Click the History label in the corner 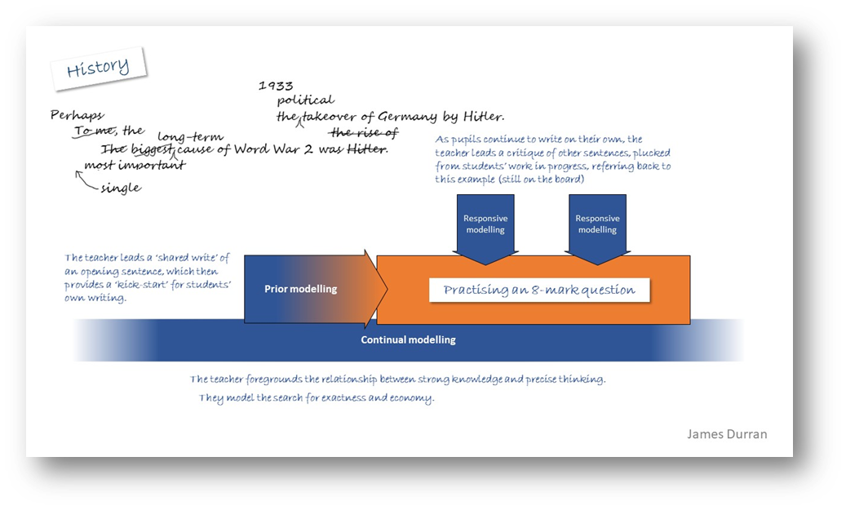[98, 68]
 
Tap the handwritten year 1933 [276, 85]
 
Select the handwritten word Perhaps [78, 116]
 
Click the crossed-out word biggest [152, 149]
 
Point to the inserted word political [305, 100]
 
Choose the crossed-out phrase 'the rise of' [363, 133]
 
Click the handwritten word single [121, 188]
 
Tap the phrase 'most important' [135, 166]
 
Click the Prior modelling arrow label [300, 289]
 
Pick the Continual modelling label [408, 339]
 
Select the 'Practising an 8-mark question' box [538, 290]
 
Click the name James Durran [727, 433]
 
